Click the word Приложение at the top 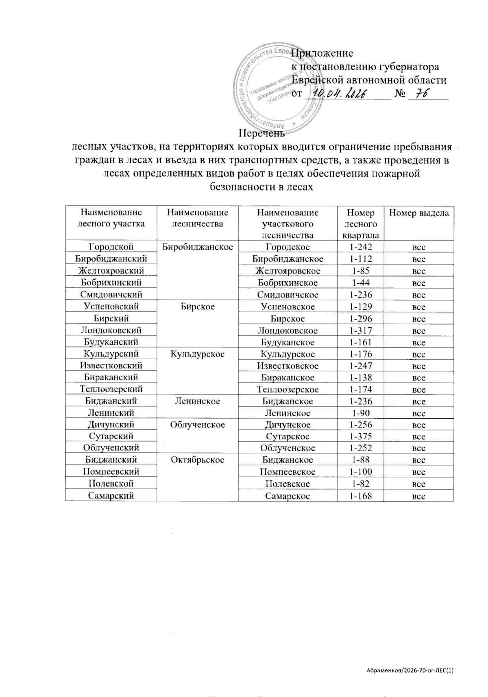pos(323,53)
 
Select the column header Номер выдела pos(419,213)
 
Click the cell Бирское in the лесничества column pos(198,306)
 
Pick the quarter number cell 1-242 pos(361,247)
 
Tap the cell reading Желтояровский pos(111,271)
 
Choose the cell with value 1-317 pos(361,330)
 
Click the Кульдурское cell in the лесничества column pos(198,354)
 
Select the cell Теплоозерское pos(288,389)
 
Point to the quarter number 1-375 pos(361,436)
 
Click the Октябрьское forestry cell pos(198,460)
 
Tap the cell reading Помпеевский pos(111,472)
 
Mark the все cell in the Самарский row pos(419,496)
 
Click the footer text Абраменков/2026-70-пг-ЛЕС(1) pos(410,671)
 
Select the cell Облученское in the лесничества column pos(198,425)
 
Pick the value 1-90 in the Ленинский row pos(361,413)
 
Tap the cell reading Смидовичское pos(288,295)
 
